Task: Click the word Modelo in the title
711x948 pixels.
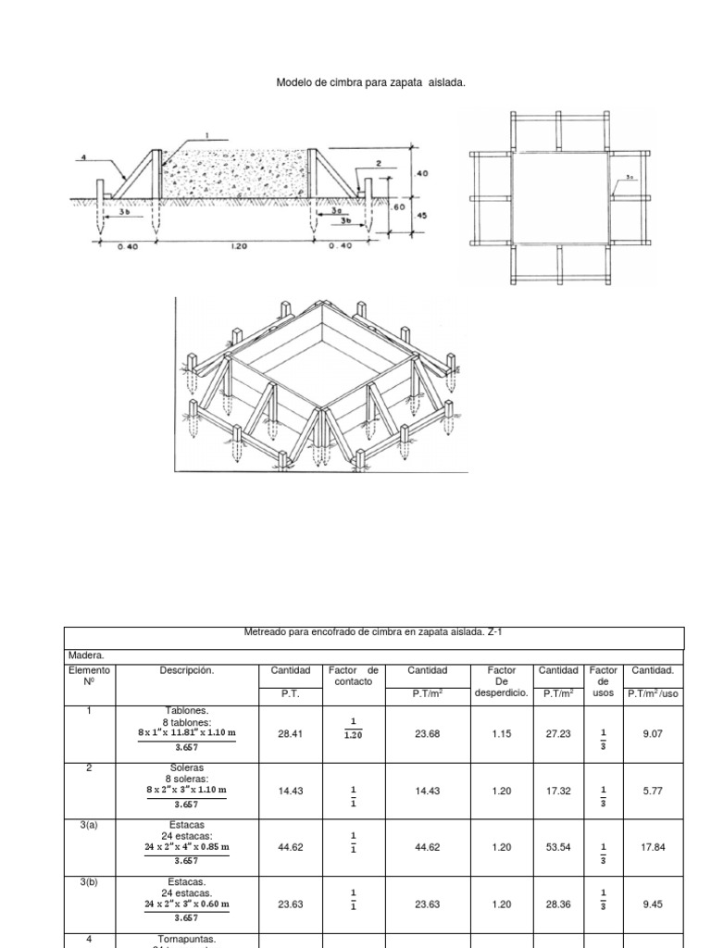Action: (x=295, y=83)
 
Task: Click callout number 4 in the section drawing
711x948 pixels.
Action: (x=82, y=158)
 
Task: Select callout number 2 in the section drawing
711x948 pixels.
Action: (x=379, y=163)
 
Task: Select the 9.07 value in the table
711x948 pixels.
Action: (x=653, y=732)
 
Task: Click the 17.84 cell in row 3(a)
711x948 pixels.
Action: (x=653, y=846)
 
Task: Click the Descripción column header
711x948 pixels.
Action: (x=186, y=670)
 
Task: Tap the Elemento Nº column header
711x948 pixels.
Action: (x=89, y=675)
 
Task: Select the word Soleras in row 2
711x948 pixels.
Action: (x=186, y=767)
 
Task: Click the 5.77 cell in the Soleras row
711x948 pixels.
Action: (x=653, y=790)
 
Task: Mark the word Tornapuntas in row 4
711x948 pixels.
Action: (x=186, y=939)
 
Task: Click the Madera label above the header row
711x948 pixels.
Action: (x=87, y=655)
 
